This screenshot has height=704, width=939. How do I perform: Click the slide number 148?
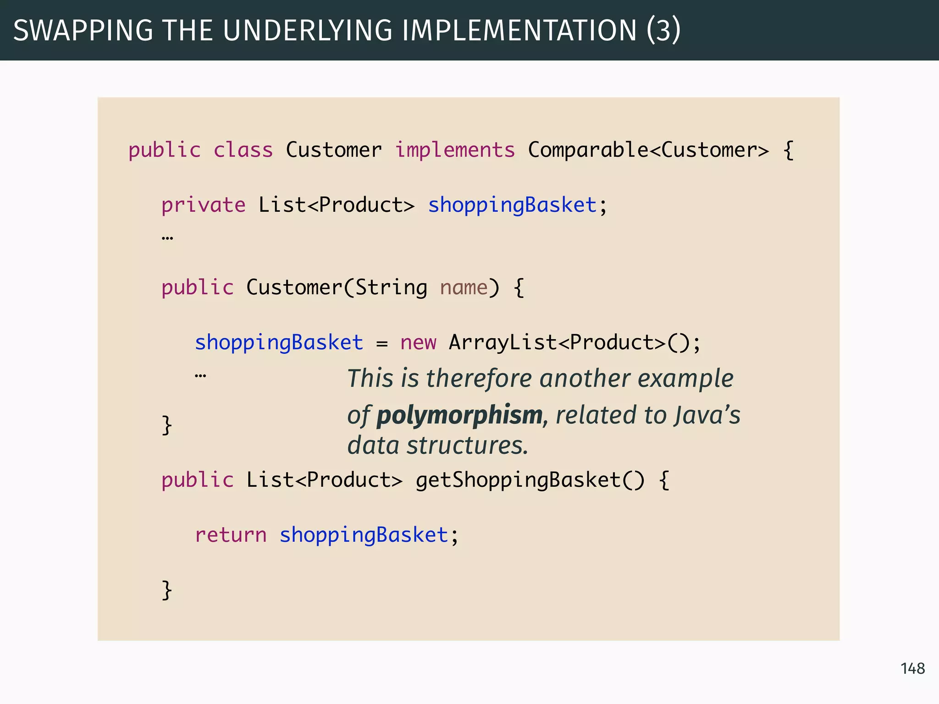[912, 669]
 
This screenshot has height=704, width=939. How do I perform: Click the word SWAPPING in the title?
[83, 31]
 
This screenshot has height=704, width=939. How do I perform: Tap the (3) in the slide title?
[663, 31]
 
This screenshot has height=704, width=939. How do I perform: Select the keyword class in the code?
[243, 150]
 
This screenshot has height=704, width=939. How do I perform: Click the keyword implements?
[455, 150]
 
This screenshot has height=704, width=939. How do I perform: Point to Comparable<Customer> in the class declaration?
[648, 150]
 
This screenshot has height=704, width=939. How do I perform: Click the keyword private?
[203, 205]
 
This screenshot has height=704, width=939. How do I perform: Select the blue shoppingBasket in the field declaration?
[512, 205]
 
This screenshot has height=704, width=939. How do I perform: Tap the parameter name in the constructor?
[464, 288]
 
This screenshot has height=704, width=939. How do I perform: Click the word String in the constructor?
[391, 288]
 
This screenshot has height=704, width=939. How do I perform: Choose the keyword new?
[418, 343]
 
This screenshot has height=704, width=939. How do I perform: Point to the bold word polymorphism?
[460, 415]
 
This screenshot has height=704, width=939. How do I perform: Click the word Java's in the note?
[707, 415]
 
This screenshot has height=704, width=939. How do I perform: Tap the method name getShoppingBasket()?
[530, 480]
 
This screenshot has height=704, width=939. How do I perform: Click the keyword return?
[231, 535]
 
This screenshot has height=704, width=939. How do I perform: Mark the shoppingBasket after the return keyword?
[364, 535]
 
